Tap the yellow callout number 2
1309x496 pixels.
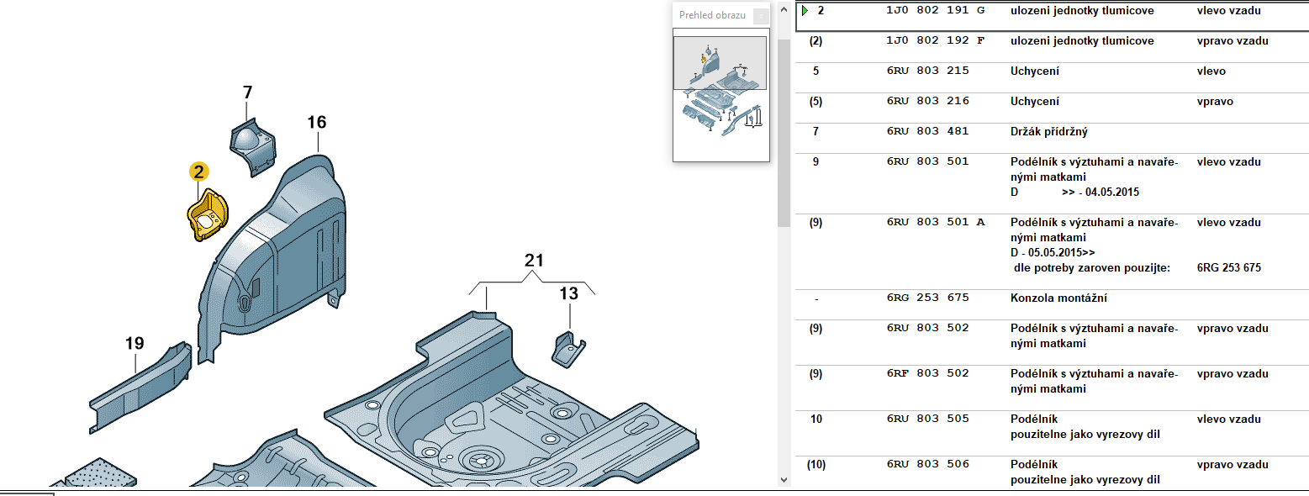pos(198,172)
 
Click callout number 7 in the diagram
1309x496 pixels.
pos(247,92)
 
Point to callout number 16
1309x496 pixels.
pos(316,123)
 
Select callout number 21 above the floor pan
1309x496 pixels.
pos(535,261)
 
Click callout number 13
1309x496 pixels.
pos(569,293)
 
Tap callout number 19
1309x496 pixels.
pos(135,343)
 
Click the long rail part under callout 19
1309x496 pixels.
pos(139,390)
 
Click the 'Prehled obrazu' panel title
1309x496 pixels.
pos(712,15)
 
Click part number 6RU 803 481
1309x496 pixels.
pos(927,132)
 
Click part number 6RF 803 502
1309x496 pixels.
pos(927,374)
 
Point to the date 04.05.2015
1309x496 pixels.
pos(1112,193)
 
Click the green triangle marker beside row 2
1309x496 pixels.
pos(805,11)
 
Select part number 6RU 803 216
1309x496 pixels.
pos(927,102)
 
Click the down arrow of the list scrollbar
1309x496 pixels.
pos(784,480)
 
